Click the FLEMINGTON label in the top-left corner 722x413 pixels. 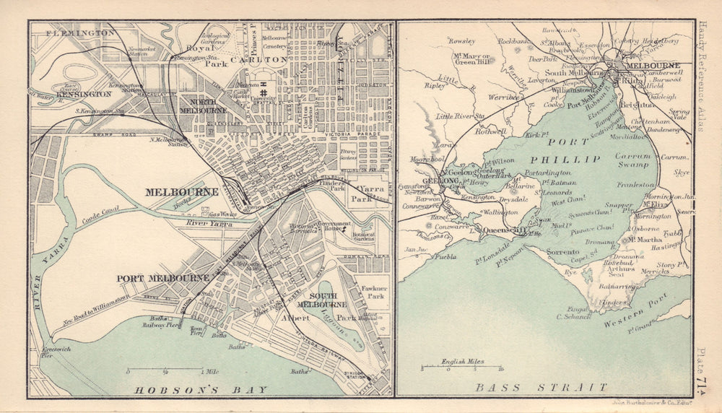(79, 33)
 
